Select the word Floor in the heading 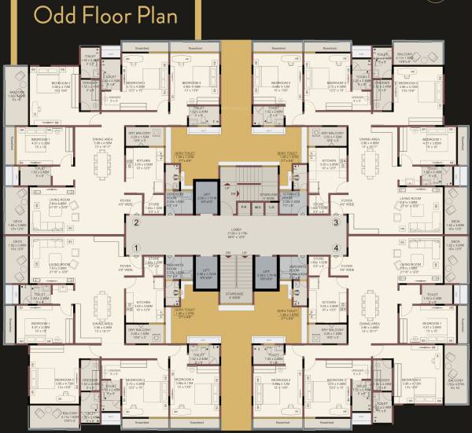click(103, 15)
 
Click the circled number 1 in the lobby click(137, 248)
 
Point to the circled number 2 click(137, 223)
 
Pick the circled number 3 click(336, 223)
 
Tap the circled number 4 click(336, 248)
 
